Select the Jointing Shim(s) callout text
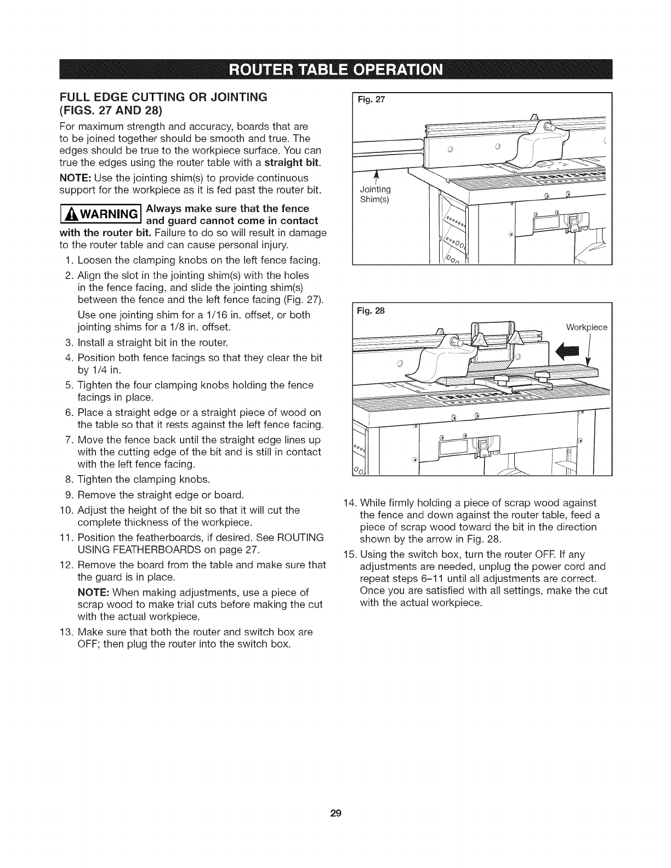375,194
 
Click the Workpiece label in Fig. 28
587,328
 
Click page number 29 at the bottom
336,813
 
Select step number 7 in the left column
69,441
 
